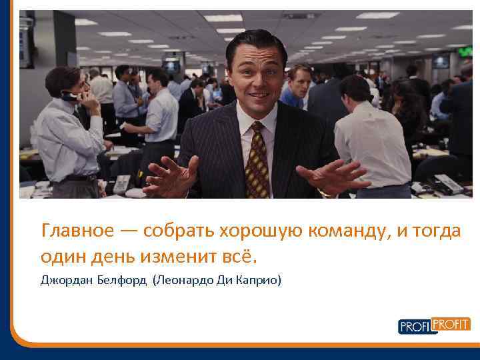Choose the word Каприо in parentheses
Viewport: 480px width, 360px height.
[258, 281]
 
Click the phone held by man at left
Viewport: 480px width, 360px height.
[69, 96]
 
